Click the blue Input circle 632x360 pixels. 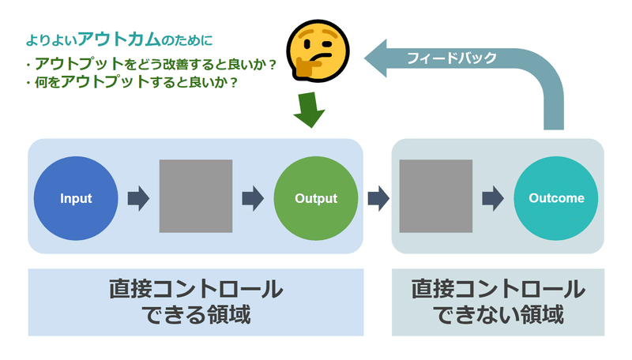click(76, 198)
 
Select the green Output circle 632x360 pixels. click(315, 198)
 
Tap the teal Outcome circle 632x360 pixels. click(556, 198)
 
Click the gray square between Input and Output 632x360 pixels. click(196, 196)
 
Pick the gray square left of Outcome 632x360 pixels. click(436, 196)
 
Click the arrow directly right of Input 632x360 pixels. click(139, 198)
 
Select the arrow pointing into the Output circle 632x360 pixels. click(253, 198)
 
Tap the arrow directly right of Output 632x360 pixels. click(378, 198)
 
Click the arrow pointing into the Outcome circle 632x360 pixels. click(493, 198)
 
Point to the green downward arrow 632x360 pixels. click(310, 110)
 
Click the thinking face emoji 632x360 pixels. click(318, 51)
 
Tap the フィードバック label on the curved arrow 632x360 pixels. click(452, 58)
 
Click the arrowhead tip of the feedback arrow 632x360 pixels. click(364, 58)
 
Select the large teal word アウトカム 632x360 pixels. click(119, 39)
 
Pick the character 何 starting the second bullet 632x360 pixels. click(42, 82)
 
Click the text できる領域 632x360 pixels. click(196, 314)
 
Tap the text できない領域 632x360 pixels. click(498, 314)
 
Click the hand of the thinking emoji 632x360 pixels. click(307, 66)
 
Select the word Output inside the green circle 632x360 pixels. click(316, 198)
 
